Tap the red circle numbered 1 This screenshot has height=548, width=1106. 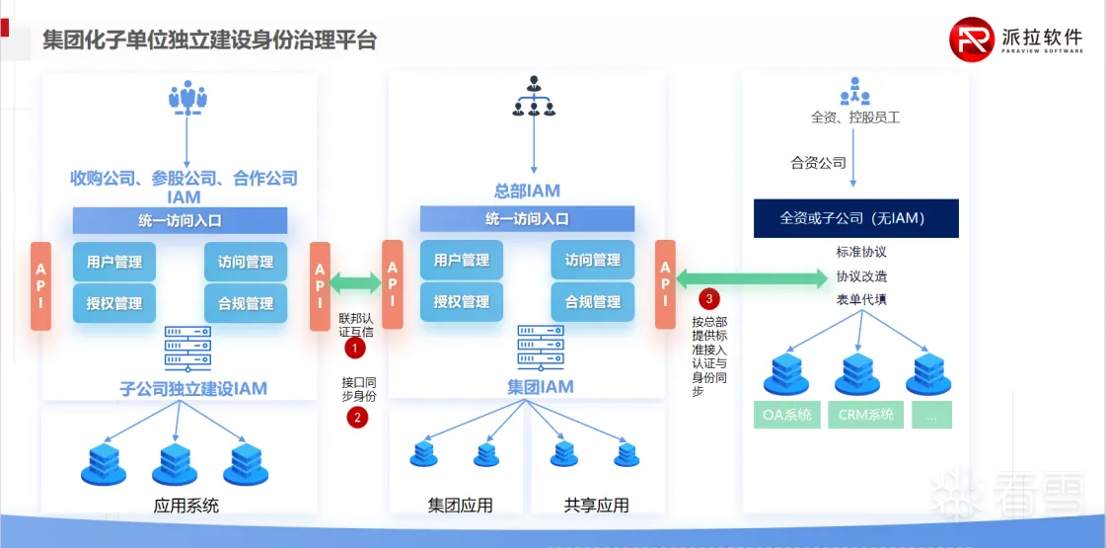(356, 348)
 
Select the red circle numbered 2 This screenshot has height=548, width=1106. (356, 418)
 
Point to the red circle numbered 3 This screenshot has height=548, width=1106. (708, 298)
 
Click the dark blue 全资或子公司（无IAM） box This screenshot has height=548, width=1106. (855, 218)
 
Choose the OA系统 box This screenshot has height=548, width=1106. (787, 415)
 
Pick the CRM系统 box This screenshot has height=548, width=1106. (865, 415)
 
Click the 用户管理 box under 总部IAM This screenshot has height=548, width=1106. (461, 261)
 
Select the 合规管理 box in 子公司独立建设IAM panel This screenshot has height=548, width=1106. (246, 303)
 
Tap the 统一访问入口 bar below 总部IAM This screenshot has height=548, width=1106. (527, 219)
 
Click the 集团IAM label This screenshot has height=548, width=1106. (541, 386)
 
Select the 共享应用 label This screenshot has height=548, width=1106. (596, 506)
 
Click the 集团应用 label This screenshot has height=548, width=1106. (460, 506)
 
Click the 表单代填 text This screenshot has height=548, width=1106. (861, 299)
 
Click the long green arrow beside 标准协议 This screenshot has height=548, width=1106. (751, 279)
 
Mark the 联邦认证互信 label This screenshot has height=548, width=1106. (356, 326)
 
